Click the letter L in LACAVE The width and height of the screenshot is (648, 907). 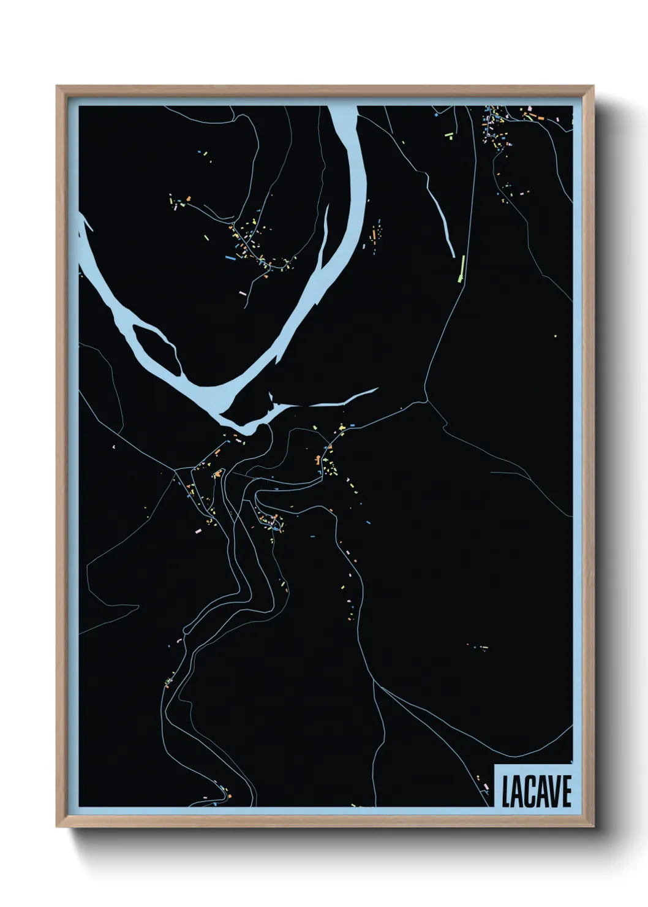click(506, 793)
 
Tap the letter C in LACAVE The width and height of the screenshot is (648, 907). click(530, 793)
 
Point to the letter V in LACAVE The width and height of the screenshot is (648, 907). click(555, 793)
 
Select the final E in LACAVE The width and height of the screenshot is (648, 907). click(566, 793)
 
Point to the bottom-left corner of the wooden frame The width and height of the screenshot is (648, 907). click(58, 827)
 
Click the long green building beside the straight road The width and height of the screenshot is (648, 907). click(462, 268)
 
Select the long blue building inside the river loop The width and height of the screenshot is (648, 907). click(230, 259)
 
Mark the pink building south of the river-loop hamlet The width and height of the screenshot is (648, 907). click(242, 294)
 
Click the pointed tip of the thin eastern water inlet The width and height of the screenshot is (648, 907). click(377, 388)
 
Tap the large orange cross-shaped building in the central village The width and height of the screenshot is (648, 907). click(218, 473)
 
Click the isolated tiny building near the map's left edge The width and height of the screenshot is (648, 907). click(113, 447)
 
